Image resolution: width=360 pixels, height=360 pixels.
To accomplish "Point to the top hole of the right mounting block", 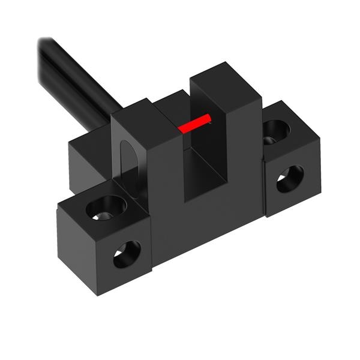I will [x=275, y=128].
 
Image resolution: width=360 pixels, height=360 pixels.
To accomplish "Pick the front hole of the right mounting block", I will [x=289, y=178].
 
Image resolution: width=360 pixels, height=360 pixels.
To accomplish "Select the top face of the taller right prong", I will [x=226, y=74].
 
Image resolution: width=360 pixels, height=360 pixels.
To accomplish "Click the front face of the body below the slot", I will [x=198, y=222].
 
